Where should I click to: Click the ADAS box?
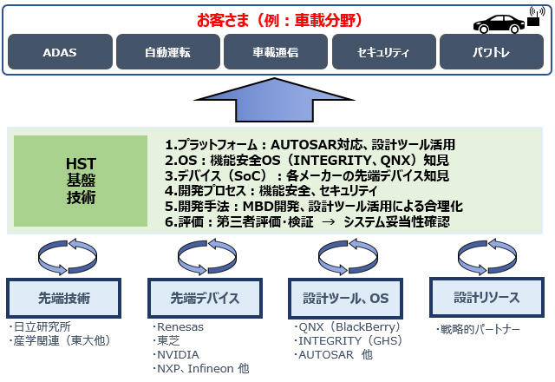60,52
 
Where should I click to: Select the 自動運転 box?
167,52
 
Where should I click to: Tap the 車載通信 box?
275,52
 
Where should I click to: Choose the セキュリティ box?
382,52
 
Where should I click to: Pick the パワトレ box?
491,52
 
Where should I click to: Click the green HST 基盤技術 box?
82,181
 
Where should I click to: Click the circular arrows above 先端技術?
62,254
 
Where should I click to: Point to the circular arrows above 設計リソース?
485,254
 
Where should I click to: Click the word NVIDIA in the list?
178,354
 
